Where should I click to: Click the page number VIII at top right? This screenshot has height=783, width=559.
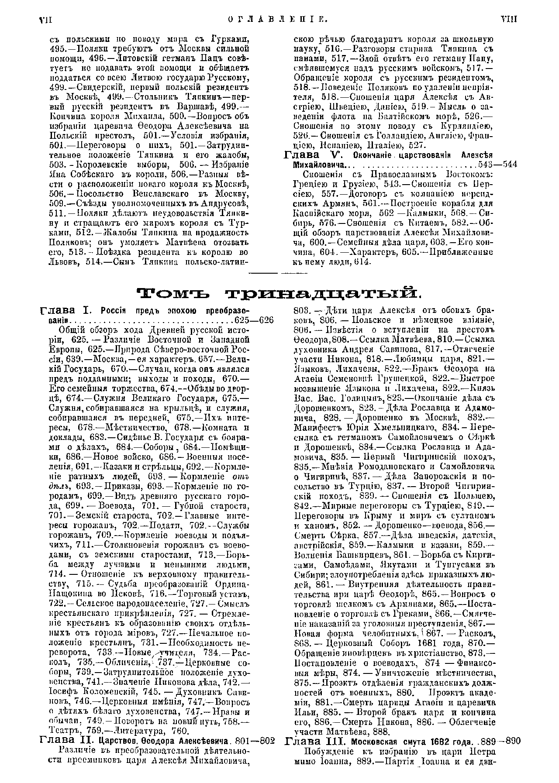point(508,19)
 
